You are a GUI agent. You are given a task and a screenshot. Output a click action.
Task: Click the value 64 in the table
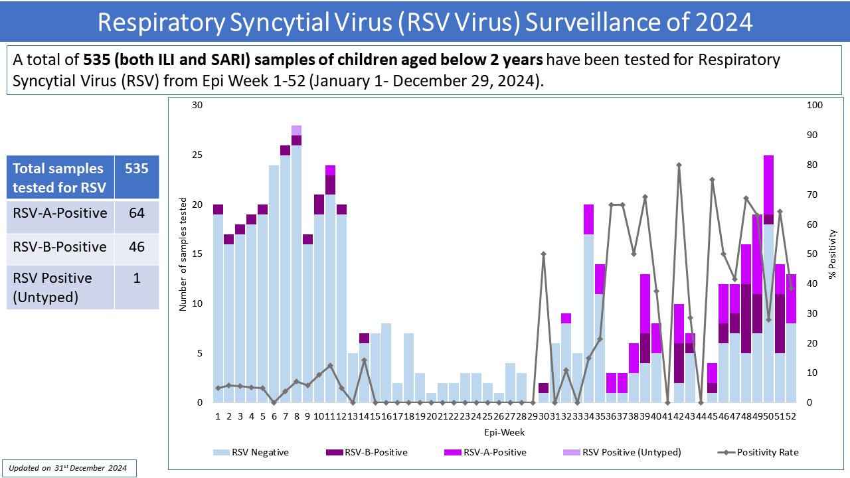coord(136,213)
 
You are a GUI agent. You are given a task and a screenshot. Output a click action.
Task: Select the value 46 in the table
coord(136,247)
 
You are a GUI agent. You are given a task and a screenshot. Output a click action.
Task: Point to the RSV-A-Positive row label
coord(60,213)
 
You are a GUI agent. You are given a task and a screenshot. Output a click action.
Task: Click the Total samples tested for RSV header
coord(59,177)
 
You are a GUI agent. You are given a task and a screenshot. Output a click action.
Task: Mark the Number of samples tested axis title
coord(183,254)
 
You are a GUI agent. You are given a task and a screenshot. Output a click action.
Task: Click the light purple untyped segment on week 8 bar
coord(296,130)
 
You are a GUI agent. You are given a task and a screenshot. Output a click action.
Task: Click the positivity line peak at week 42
coord(679,165)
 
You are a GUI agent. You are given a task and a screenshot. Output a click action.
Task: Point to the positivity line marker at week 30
coord(543,254)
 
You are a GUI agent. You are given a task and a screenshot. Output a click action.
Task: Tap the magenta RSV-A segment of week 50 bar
coord(768,185)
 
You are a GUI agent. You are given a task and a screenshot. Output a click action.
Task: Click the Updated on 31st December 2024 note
coord(69,468)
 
